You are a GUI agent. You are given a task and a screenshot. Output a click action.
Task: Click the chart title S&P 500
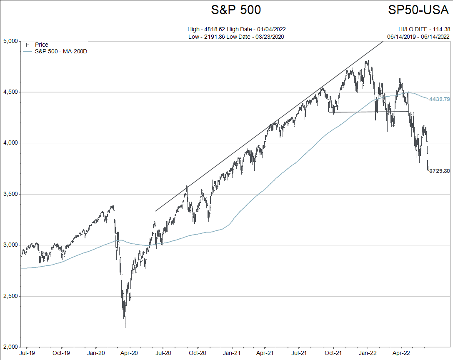(236, 10)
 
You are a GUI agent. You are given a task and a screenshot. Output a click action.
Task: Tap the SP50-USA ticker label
(418, 10)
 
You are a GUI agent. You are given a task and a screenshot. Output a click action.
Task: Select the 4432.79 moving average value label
(439, 99)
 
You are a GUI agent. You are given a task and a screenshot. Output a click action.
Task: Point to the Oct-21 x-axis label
(333, 353)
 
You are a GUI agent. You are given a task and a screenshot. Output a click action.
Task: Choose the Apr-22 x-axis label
(401, 353)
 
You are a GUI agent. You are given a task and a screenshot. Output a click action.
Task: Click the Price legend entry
(41, 45)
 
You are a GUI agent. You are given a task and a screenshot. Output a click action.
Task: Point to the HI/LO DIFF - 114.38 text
(424, 29)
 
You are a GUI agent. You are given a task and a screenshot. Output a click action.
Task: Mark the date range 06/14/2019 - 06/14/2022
(418, 36)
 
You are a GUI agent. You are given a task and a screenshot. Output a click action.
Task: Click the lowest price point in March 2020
(125, 327)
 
